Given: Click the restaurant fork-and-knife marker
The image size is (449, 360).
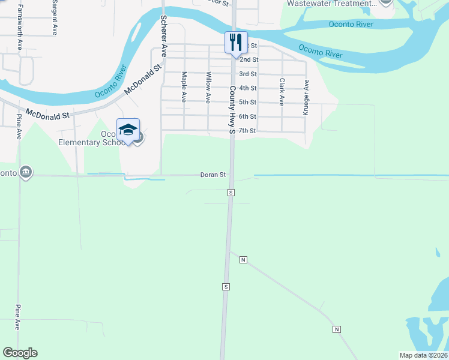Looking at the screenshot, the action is (x=236, y=42).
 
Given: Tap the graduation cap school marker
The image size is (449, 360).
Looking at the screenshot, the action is (x=128, y=130).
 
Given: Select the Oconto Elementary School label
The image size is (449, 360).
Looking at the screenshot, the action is (x=90, y=139).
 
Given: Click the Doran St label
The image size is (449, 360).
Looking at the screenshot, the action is (x=212, y=175).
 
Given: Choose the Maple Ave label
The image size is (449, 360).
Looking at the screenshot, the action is (x=184, y=88).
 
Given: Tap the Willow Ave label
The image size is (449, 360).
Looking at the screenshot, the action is (x=208, y=88).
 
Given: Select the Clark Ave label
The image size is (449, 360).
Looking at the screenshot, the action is (x=281, y=92).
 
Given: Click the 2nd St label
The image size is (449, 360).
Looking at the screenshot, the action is (x=249, y=60).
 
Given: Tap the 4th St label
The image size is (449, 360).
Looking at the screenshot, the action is (x=248, y=88).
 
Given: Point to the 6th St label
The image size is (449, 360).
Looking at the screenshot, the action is (x=248, y=116).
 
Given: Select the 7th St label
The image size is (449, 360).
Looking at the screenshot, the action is (x=248, y=131).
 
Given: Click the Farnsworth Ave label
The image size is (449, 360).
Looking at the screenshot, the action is (x=20, y=28).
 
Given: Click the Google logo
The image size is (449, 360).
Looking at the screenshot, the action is (x=20, y=353).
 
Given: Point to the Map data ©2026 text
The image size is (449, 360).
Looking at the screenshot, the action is (x=423, y=355).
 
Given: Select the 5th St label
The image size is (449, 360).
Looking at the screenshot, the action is (x=248, y=103).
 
